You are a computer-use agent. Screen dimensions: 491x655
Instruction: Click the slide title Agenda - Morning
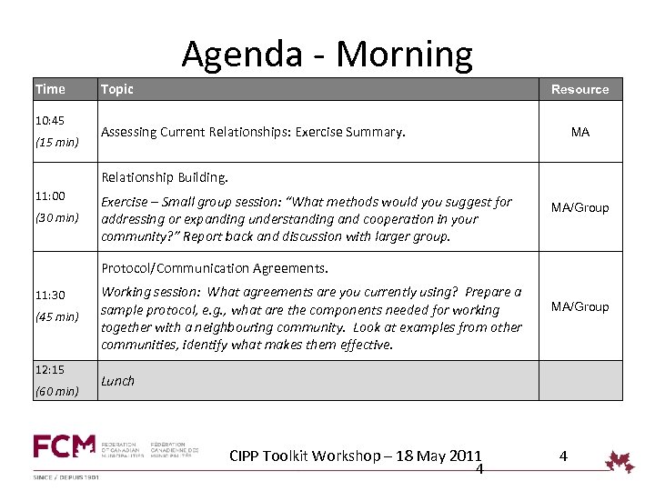(x=327, y=55)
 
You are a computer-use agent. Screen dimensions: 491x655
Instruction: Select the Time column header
(x=50, y=89)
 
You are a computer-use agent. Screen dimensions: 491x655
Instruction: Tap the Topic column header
(x=116, y=89)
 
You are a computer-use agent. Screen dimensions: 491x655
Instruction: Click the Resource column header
(x=579, y=89)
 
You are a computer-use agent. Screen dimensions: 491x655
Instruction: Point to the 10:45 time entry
(x=50, y=120)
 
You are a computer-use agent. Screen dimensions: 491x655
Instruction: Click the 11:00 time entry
(x=50, y=195)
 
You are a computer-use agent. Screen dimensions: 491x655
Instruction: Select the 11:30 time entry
(x=50, y=296)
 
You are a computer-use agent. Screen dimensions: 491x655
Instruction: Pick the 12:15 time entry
(x=50, y=370)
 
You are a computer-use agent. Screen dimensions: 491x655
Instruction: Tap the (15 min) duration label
(x=56, y=142)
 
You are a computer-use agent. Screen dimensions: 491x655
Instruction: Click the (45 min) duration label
(x=56, y=317)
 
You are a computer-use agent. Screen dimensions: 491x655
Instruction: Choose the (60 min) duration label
(x=56, y=392)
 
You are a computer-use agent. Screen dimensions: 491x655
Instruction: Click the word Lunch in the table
(x=117, y=381)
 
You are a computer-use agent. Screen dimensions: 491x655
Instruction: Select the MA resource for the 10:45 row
(x=579, y=132)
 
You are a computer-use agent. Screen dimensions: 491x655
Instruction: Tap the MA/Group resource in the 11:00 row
(x=579, y=207)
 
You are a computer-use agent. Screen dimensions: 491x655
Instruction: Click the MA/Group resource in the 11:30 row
(x=579, y=306)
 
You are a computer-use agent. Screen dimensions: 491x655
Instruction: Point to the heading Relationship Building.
(x=165, y=177)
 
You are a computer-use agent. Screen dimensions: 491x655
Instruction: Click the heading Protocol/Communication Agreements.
(x=214, y=268)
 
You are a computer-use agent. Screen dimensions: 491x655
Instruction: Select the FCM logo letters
(x=64, y=446)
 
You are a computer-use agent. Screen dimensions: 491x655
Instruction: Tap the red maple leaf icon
(x=620, y=461)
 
